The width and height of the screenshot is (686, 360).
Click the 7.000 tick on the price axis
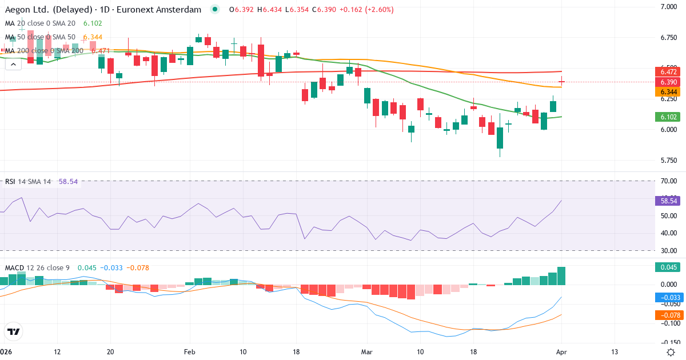[x=668, y=7]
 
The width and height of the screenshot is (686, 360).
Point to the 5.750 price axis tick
[x=668, y=160]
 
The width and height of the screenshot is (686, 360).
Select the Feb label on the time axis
[x=189, y=351]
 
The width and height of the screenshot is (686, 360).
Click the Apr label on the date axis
[x=561, y=351]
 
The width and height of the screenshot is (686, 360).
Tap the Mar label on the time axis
[x=366, y=351]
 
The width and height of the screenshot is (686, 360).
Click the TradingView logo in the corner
[x=13, y=332]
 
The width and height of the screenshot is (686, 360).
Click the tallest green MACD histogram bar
[x=561, y=276]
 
